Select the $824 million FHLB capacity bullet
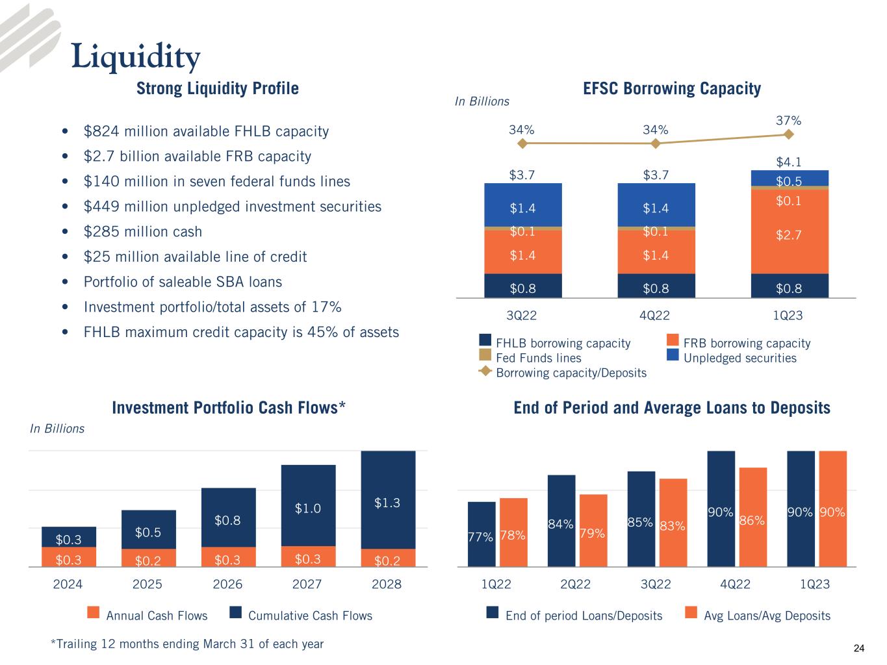pyautogui.click(x=206, y=132)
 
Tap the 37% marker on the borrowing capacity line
pyautogui.click(x=788, y=134)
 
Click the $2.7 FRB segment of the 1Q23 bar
pyautogui.click(x=789, y=234)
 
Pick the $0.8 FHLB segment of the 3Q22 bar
pyautogui.click(x=522, y=286)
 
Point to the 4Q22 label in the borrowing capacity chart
pyautogui.click(x=654, y=316)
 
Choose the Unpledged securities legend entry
pyautogui.click(x=739, y=358)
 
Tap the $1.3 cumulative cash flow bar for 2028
pyautogui.click(x=387, y=500)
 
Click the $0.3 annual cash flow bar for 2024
pyautogui.click(x=68, y=558)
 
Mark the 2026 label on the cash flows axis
pyautogui.click(x=227, y=584)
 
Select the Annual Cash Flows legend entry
pyautogui.click(x=156, y=615)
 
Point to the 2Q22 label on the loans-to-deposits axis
pyautogui.click(x=575, y=584)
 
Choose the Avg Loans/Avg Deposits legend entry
pyautogui.click(x=767, y=615)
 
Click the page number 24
pyautogui.click(x=859, y=648)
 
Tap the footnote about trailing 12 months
pyautogui.click(x=187, y=644)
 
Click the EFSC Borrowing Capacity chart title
pyautogui.click(x=672, y=88)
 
